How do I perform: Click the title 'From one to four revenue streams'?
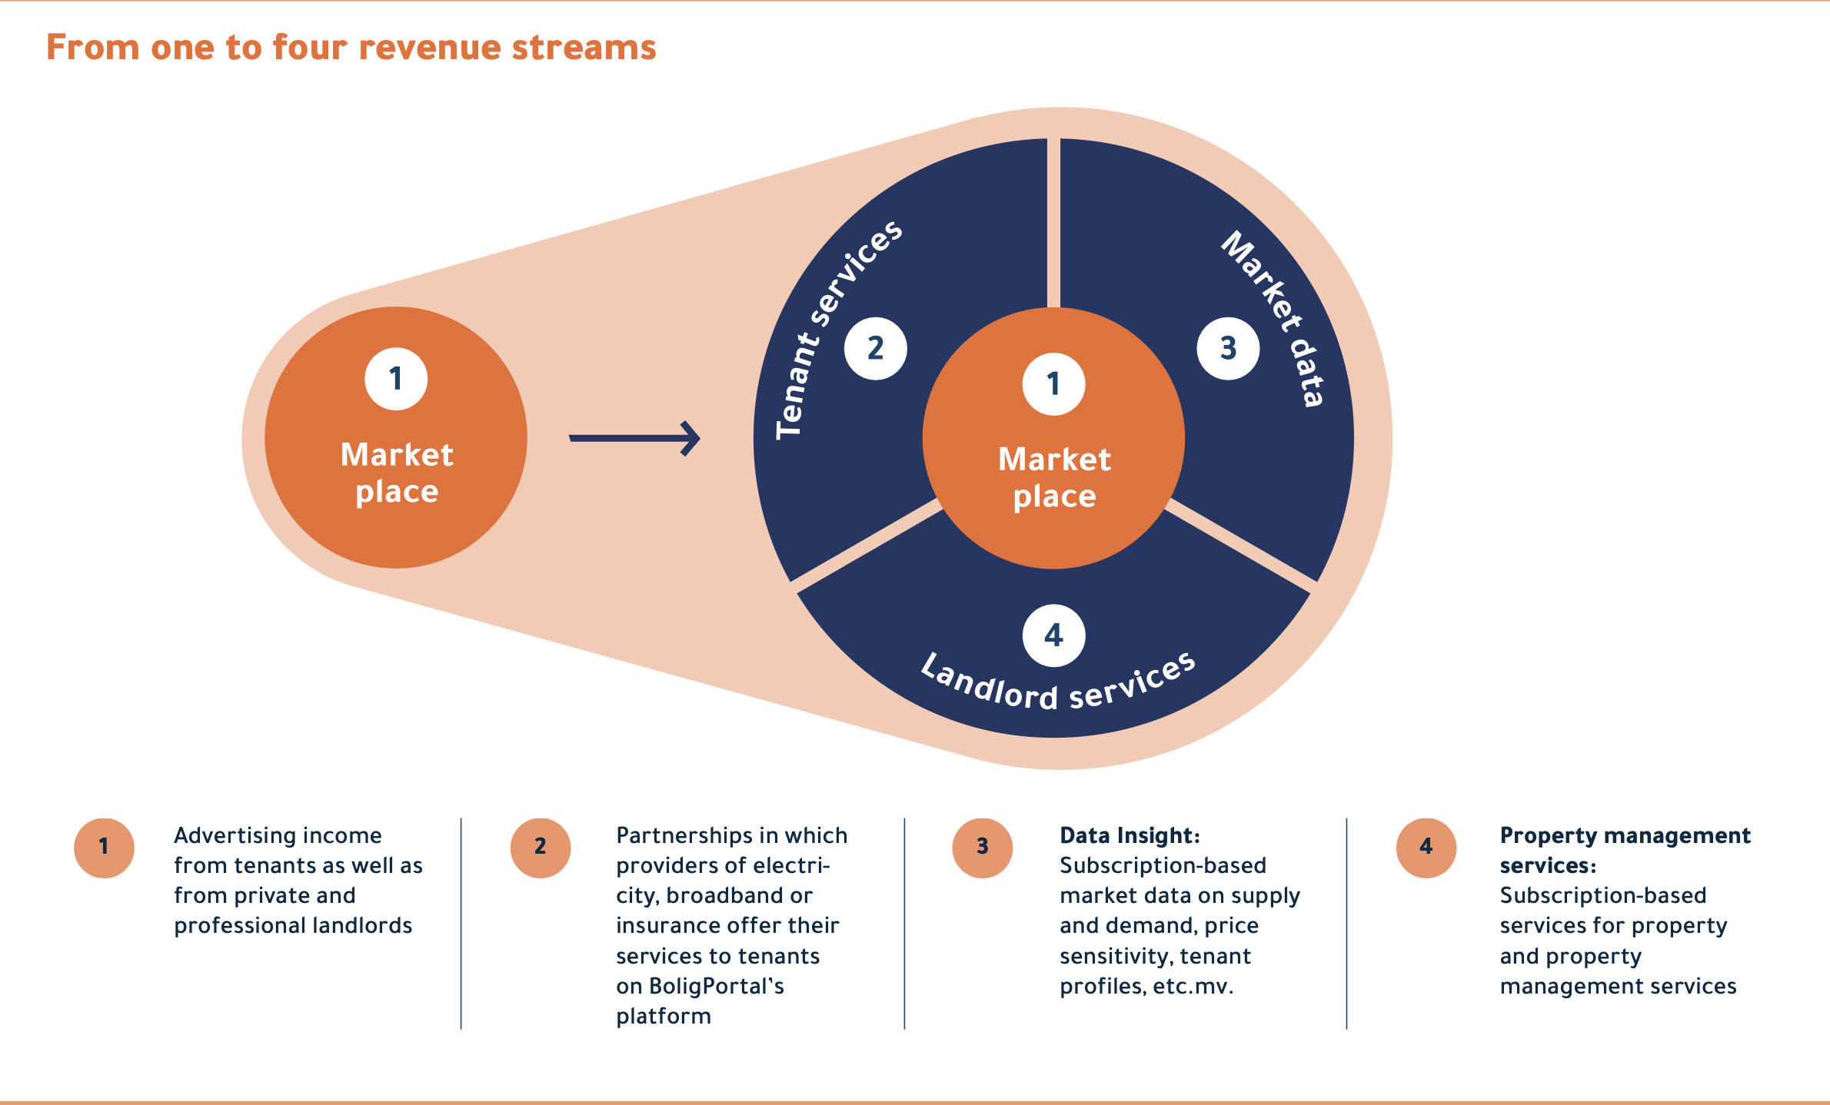351,48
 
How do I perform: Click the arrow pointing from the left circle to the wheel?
634,438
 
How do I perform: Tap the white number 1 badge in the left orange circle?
396,379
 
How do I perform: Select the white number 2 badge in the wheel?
876,349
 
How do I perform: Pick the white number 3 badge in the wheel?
1228,349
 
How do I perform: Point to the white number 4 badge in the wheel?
1053,635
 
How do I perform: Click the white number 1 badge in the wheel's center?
1053,384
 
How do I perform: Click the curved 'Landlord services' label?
1057,684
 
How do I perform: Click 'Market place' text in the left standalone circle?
397,473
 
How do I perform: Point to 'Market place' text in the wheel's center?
1054,477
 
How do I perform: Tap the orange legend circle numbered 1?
104,848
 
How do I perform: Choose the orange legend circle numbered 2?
541,848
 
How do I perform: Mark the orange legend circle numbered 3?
982,848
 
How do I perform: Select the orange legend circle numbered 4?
1426,848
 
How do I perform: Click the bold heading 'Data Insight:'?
1130,835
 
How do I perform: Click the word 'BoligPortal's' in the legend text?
716,986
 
